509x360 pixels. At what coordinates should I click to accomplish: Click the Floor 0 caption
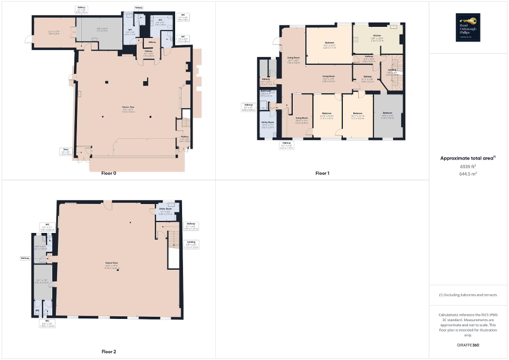click(109, 173)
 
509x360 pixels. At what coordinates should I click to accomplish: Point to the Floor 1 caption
click(322, 173)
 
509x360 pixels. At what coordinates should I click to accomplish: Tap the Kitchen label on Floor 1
click(377, 36)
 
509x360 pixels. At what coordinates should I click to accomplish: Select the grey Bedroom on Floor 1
click(388, 115)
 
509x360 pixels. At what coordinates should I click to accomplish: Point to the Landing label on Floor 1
click(392, 70)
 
